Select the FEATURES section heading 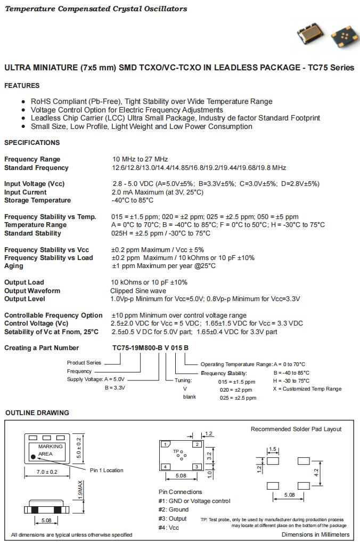coord(22,86)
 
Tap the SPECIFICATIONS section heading coord(32,143)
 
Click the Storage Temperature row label coord(37,200)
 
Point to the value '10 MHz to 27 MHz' coord(140,159)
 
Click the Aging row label coord(14,266)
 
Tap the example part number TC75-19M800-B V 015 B coord(150,348)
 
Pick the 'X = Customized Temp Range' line coord(307,389)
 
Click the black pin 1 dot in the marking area coord(34,456)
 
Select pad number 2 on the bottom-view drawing coord(197,444)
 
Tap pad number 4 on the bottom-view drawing coord(166,467)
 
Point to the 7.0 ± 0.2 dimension coord(47,472)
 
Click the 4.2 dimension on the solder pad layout coord(316,472)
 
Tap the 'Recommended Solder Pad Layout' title coord(296,429)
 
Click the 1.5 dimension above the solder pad coord(273,449)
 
